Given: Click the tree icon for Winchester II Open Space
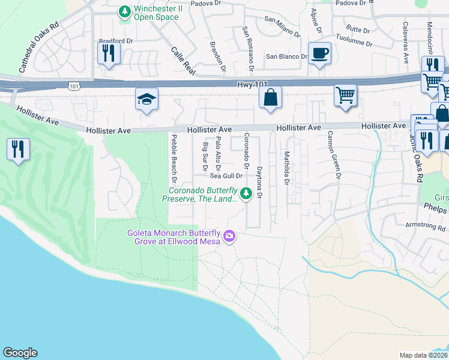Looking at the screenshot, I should [125, 11].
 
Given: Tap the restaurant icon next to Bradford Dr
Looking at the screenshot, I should [109, 52].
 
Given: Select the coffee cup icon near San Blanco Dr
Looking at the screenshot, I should [319, 53].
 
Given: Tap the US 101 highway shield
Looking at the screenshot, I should [74, 86].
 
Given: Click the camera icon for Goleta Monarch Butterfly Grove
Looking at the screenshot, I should [229, 238].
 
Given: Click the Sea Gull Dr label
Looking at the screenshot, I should [226, 176].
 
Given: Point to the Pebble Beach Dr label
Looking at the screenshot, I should [175, 159].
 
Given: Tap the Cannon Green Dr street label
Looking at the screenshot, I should [334, 156].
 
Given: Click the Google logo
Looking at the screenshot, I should [20, 353].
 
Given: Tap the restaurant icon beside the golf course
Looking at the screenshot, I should [18, 149].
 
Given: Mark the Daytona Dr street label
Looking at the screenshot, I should [259, 183].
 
